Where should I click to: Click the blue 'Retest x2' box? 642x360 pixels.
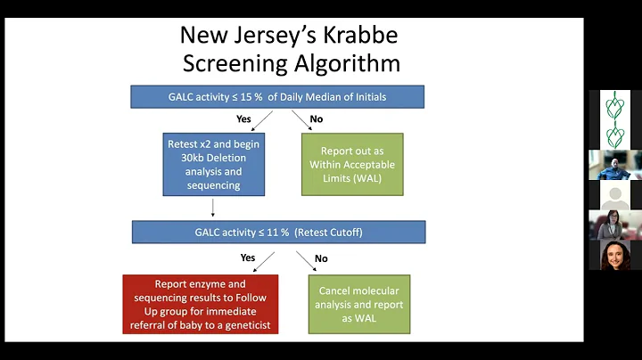213,165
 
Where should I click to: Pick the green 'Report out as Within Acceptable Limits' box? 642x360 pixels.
352,165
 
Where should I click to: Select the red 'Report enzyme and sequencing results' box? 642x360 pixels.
201,304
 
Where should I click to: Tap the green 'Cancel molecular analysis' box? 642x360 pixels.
359,304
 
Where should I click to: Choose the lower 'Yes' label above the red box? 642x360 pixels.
248,258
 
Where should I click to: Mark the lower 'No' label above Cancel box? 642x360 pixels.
321,258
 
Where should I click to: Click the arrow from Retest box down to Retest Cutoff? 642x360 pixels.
213,209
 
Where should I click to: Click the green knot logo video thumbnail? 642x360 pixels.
615,119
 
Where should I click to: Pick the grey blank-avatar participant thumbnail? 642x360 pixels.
615,195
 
